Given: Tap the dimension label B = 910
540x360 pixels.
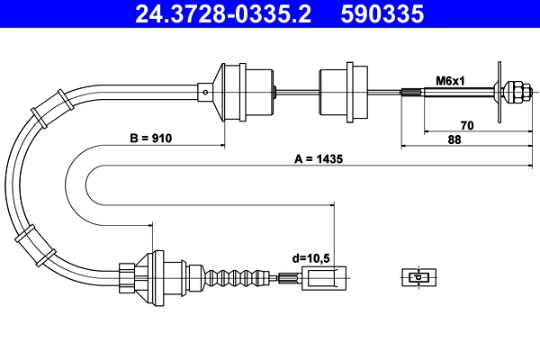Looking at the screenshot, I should [x=149, y=139].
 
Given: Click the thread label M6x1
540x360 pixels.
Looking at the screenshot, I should [x=450, y=80].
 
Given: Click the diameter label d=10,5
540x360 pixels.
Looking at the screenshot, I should [x=310, y=258].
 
